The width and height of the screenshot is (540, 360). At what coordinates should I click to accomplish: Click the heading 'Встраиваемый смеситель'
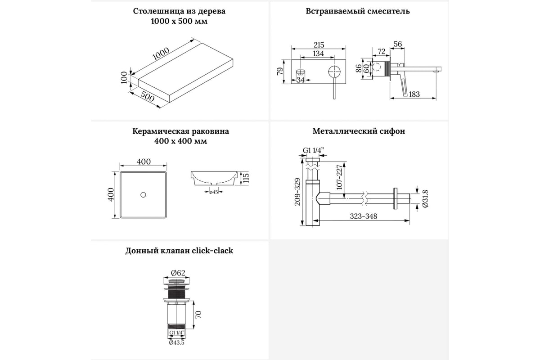click(x=358, y=11)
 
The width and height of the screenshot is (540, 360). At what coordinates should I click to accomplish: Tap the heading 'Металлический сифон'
click(x=359, y=131)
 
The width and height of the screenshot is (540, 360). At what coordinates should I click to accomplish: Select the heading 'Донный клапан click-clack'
click(x=179, y=251)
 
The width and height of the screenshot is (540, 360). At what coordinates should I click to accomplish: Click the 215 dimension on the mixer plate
click(x=318, y=45)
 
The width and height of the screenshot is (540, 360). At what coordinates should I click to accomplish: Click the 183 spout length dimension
click(x=414, y=94)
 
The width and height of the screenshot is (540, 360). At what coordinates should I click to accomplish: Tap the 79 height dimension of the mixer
click(x=280, y=71)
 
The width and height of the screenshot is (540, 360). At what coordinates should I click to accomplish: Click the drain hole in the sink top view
click(x=143, y=195)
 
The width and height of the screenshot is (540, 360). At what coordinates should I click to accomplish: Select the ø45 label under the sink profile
click(x=214, y=192)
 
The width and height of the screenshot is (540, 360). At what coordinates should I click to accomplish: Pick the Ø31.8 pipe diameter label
click(x=425, y=197)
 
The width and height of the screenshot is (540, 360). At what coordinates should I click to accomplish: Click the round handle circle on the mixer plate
click(x=334, y=72)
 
